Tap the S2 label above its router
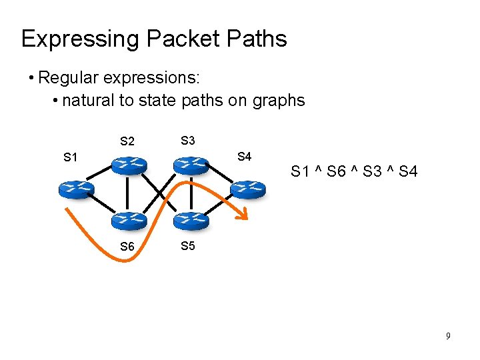click(127, 141)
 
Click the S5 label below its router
click(187, 246)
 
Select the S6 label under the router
click(127, 247)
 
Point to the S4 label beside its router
click(244, 157)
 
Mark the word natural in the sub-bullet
click(86, 101)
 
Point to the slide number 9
click(449, 336)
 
